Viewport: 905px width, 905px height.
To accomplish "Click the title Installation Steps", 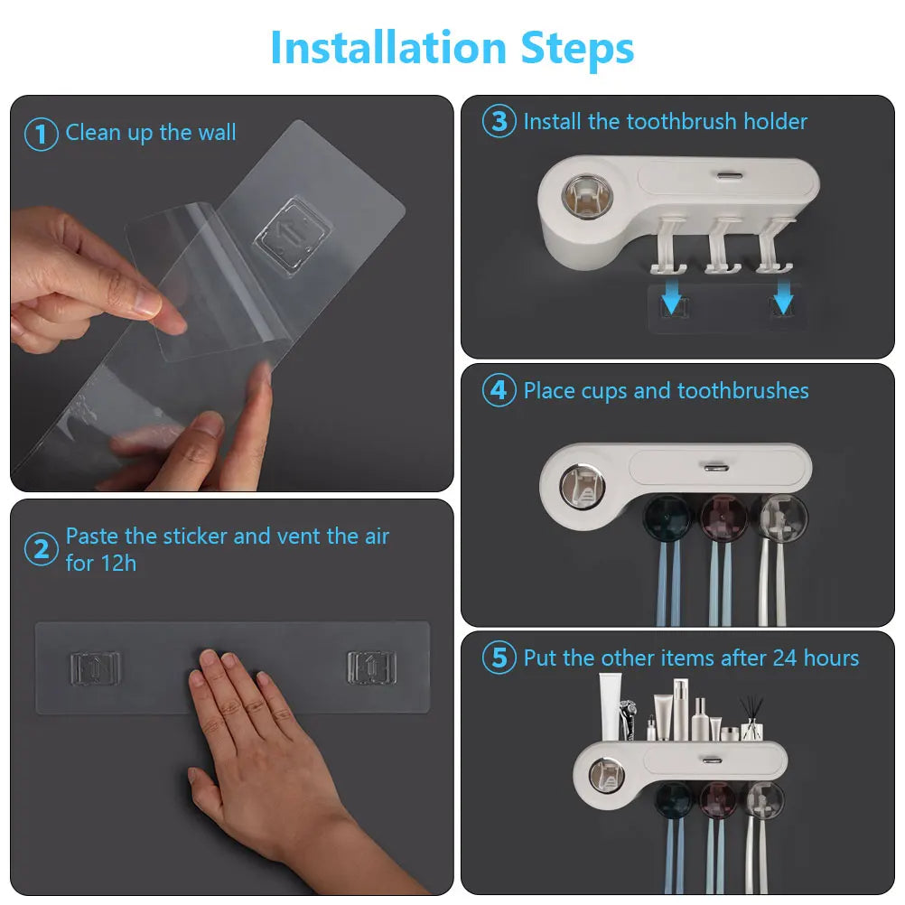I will coord(452,48).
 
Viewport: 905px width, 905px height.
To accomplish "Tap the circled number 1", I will coord(41,135).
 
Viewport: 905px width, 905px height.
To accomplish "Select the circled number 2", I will coord(41,549).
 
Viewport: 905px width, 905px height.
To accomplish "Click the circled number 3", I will coord(499,122).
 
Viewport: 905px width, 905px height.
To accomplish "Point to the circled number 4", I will coord(499,391).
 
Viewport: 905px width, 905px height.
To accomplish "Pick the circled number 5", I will coord(499,658).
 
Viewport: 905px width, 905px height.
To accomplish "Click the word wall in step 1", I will coord(217,133).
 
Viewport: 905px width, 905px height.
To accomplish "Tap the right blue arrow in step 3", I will coord(782,295).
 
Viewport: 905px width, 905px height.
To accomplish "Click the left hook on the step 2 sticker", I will coord(95,668).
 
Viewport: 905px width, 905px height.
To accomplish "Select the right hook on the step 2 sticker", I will coord(372,667).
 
